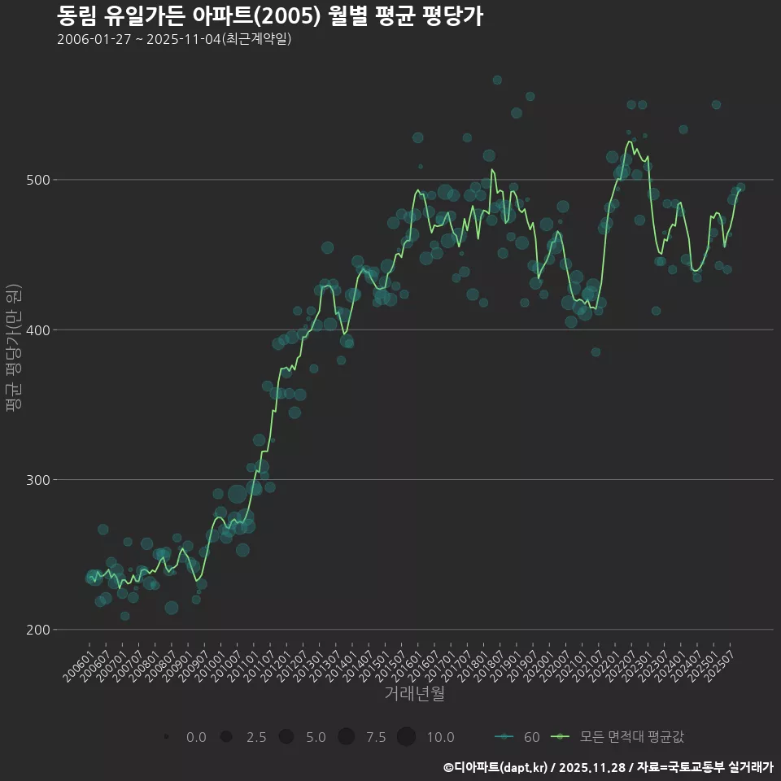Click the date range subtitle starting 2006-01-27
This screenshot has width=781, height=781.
[x=174, y=40]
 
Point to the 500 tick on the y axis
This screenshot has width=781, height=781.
[x=40, y=180]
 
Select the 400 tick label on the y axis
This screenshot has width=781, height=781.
[x=40, y=329]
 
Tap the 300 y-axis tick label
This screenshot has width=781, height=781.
[x=40, y=480]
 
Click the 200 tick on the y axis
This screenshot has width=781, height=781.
[x=40, y=630]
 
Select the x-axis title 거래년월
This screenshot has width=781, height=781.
[x=414, y=694]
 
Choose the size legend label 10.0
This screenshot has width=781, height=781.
[x=440, y=738]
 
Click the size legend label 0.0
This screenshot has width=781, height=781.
[x=196, y=738]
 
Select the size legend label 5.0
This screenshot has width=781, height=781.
[x=316, y=738]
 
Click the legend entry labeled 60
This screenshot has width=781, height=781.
[x=531, y=738]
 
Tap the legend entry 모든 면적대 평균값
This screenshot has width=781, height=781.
[x=631, y=738]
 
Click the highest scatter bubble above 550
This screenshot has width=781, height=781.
[x=497, y=80]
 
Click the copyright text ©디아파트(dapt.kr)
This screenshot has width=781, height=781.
[x=497, y=767]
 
